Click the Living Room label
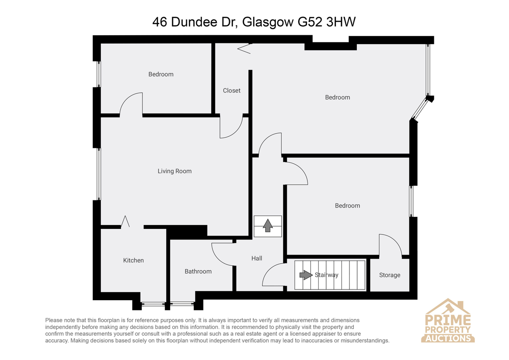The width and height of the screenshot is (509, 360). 174,171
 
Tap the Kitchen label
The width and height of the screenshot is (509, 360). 133,260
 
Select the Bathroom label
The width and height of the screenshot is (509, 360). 198,271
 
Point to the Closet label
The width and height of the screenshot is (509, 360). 232,90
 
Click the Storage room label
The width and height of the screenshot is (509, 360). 389,275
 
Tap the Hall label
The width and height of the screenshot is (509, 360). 257,259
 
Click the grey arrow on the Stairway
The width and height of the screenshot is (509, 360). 306,275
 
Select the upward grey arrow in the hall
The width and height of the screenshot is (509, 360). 268,225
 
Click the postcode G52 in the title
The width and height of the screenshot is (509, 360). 310,22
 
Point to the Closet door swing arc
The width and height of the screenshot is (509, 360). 236,132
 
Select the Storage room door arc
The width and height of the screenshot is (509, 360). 395,241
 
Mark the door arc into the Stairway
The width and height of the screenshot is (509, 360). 269,270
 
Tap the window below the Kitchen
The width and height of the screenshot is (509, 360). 153,304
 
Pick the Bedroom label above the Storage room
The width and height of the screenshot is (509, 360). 347,206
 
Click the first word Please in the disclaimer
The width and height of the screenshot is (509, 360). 54,321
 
